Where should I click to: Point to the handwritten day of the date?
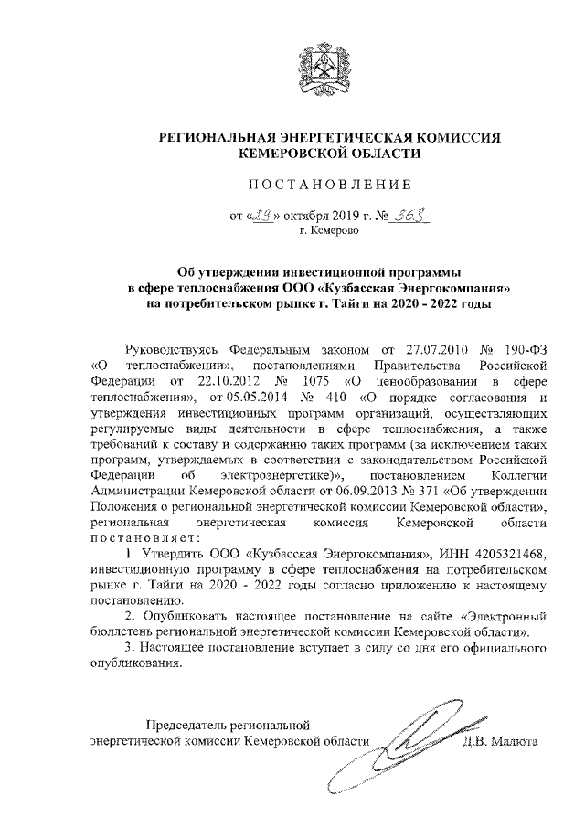262,217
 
